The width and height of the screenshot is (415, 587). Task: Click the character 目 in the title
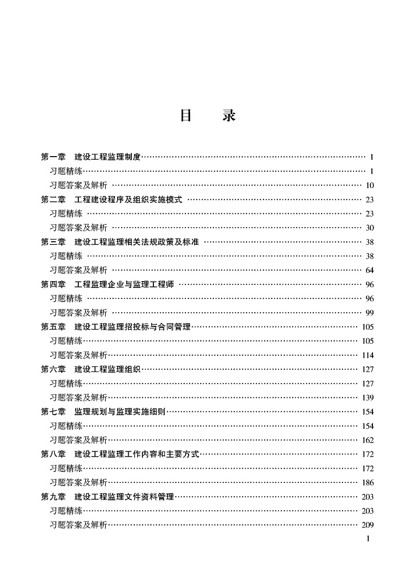pyautogui.click(x=185, y=116)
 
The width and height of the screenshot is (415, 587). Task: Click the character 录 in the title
pyautogui.click(x=229, y=116)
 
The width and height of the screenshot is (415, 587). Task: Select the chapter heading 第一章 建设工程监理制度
pyautogui.click(x=91, y=157)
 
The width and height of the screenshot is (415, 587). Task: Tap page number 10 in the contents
pyautogui.click(x=370, y=185)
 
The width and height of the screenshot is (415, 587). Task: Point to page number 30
pyautogui.click(x=369, y=228)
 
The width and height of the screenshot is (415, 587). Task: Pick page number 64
pyautogui.click(x=369, y=270)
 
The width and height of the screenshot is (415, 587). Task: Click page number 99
pyautogui.click(x=369, y=313)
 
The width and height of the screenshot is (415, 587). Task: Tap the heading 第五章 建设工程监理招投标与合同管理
pyautogui.click(x=116, y=327)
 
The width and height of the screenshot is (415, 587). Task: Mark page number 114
pyautogui.click(x=368, y=355)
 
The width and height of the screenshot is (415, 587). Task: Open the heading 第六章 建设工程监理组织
pyautogui.click(x=91, y=369)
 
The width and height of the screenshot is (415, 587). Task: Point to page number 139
pyautogui.click(x=368, y=398)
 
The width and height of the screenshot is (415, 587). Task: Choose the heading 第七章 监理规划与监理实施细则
pyautogui.click(x=103, y=412)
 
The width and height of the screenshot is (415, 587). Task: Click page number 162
pyautogui.click(x=368, y=440)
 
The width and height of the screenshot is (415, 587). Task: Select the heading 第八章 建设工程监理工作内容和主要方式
pyautogui.click(x=120, y=455)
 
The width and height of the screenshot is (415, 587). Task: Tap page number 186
pyautogui.click(x=368, y=483)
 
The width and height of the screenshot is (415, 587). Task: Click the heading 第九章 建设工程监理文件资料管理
pyautogui.click(x=107, y=497)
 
